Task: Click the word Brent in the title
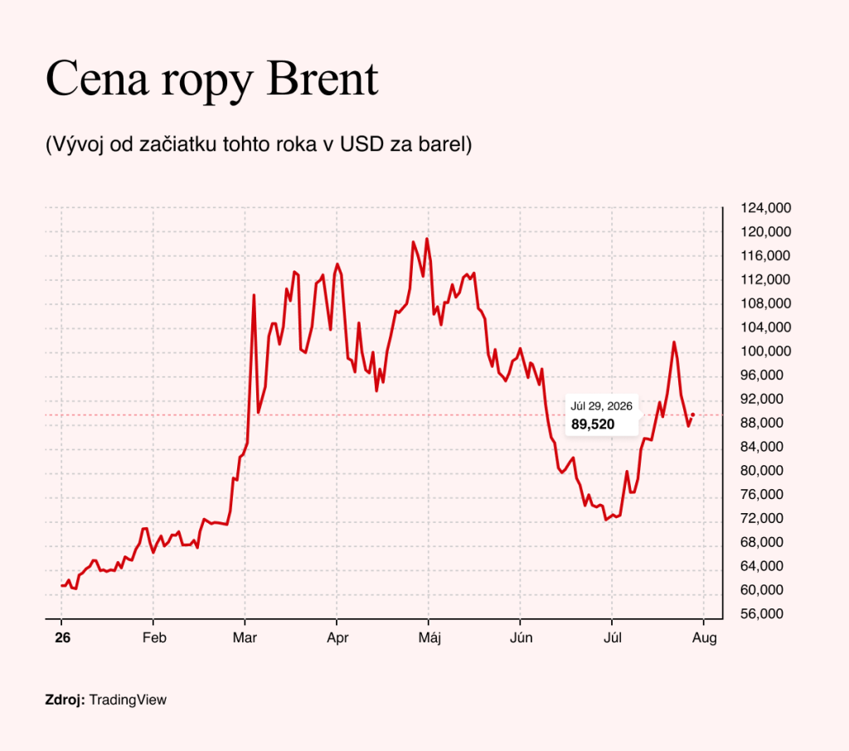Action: click(x=323, y=79)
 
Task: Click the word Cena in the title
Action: click(x=98, y=79)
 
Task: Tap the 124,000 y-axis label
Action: click(x=765, y=208)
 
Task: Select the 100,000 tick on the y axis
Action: click(x=765, y=351)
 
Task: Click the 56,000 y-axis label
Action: click(x=762, y=613)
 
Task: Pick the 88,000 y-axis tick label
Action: click(x=762, y=423)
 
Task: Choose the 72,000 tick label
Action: click(x=762, y=518)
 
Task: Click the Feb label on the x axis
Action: click(x=154, y=637)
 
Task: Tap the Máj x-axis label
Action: click(x=429, y=638)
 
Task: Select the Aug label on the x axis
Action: click(x=705, y=638)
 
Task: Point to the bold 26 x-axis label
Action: click(x=63, y=637)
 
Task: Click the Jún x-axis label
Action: click(x=521, y=637)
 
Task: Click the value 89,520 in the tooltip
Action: click(x=593, y=424)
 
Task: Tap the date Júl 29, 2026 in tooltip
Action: click(x=602, y=406)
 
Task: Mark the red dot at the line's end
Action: click(x=692, y=414)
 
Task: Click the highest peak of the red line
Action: click(x=427, y=239)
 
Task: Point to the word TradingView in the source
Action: click(x=128, y=700)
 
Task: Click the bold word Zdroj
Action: click(x=65, y=700)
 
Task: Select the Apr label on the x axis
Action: click(x=337, y=638)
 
